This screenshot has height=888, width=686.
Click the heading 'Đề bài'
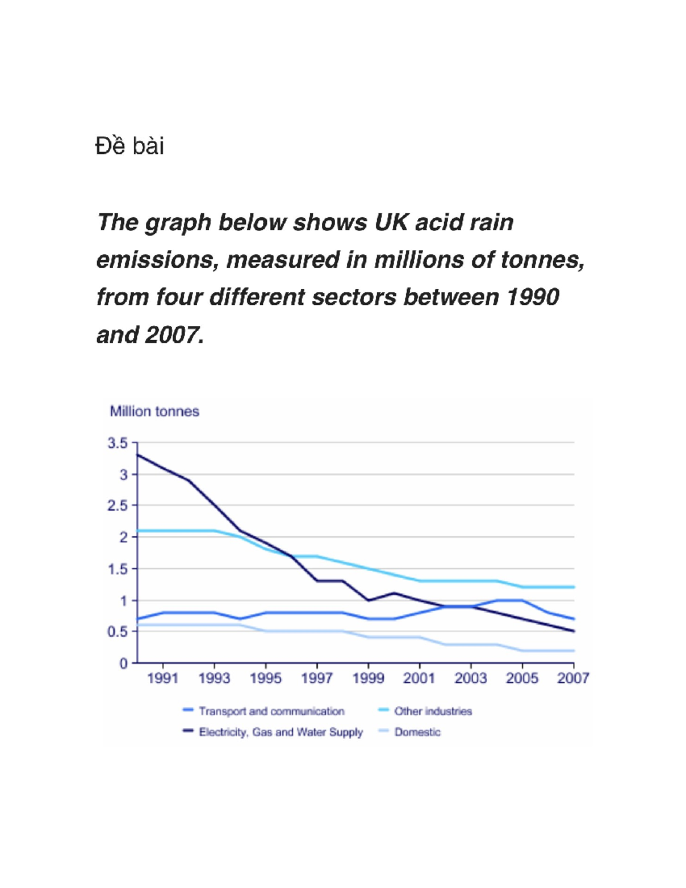click(x=130, y=146)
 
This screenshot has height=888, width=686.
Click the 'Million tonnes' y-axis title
click(x=154, y=411)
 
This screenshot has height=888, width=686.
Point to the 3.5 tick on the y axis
click(x=118, y=443)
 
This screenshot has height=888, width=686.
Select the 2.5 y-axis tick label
click(x=118, y=506)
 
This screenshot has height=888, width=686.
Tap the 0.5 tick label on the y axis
click(x=118, y=632)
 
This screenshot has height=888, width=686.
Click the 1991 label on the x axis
click(x=162, y=678)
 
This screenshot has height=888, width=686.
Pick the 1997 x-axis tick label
click(x=317, y=678)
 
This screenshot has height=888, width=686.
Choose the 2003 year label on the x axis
click(x=470, y=678)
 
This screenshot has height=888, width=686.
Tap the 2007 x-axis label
click(x=573, y=678)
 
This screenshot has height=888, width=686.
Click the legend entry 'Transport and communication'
click(x=264, y=711)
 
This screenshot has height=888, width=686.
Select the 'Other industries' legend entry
click(x=425, y=711)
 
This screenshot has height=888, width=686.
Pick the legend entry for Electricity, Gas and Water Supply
click(x=273, y=732)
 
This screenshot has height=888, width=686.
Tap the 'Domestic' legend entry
click(x=410, y=732)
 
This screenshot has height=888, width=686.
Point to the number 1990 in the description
click(x=533, y=297)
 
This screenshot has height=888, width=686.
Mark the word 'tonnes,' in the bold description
click(x=543, y=260)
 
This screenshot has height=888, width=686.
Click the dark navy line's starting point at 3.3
click(x=137, y=455)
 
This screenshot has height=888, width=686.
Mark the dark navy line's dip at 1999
click(x=369, y=600)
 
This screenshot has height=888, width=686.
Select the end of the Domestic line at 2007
click(x=573, y=651)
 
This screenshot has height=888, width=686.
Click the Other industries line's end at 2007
click(x=573, y=587)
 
